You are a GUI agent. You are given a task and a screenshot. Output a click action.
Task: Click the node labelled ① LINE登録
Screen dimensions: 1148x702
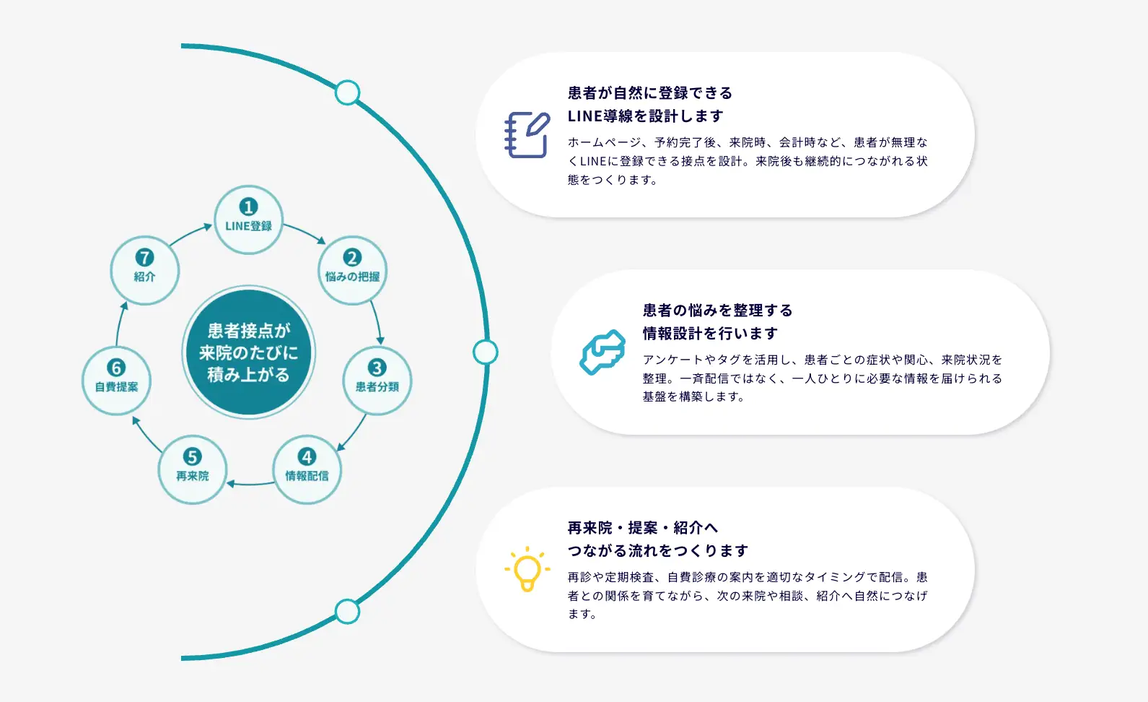coord(248,220)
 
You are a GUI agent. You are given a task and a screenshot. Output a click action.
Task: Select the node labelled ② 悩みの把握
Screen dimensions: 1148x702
coord(353,270)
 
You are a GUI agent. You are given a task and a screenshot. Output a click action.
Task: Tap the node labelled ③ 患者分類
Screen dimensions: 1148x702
coord(377,380)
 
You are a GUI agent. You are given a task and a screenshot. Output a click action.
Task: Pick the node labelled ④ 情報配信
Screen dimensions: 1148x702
coord(307,469)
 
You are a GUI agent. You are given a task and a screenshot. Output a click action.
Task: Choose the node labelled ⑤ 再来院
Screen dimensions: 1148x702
coord(192,469)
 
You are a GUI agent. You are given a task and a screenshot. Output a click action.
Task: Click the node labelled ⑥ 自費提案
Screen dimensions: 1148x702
coord(116,380)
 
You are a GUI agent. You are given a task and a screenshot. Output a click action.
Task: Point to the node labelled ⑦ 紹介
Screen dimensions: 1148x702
coord(144,270)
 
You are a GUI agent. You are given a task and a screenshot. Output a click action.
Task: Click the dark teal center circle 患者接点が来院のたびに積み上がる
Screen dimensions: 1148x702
coord(248,352)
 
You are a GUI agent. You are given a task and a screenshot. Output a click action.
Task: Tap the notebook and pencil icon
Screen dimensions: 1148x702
coord(527,134)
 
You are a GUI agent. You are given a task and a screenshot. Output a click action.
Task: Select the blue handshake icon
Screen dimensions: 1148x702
coord(603,352)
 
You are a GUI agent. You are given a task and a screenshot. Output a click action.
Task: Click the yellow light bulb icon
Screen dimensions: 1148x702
coord(527,569)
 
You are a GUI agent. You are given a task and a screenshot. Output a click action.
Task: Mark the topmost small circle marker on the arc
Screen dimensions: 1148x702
coord(348,93)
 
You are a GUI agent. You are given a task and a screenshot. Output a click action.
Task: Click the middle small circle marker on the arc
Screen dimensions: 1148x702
coord(485,352)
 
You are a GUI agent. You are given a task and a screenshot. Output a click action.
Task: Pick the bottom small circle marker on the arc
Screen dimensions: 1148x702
coord(348,612)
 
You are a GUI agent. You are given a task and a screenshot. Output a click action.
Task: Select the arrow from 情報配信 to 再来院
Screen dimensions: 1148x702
coord(250,483)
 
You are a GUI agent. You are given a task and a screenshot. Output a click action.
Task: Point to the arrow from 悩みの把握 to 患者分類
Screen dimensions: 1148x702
coord(377,322)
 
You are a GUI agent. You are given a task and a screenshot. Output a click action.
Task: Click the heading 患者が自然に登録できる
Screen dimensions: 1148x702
coord(650,93)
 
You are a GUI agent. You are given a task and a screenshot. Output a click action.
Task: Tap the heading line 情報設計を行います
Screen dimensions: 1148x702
coord(710,334)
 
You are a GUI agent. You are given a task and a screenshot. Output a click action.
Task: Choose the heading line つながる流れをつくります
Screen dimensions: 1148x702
coord(657,550)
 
